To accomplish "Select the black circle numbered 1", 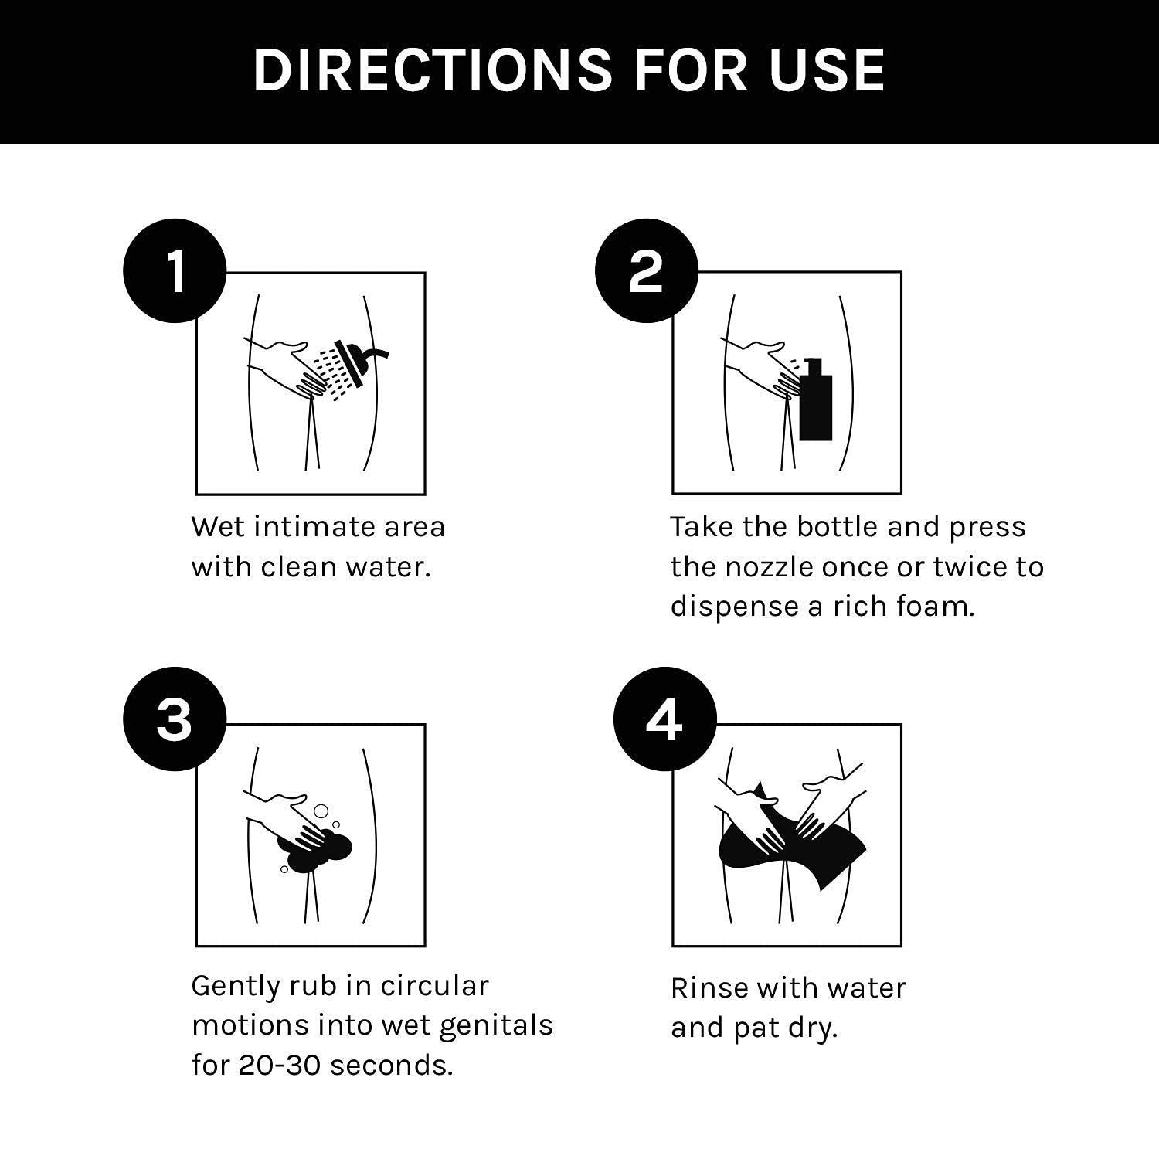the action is point(175,271).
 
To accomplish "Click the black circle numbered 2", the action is point(647,271).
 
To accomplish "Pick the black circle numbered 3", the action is point(175,719).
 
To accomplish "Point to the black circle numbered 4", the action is point(665,719).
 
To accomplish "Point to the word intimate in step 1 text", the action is point(314,527).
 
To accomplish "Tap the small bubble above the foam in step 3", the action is point(321,811).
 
